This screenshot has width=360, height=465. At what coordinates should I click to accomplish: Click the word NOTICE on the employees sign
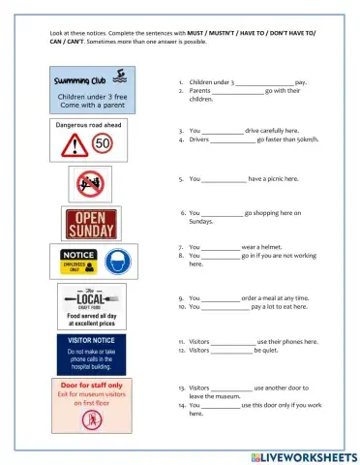(79, 255)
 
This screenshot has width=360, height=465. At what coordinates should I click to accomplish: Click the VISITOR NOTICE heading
(91, 341)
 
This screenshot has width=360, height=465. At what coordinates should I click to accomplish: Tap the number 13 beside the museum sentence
(182, 387)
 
